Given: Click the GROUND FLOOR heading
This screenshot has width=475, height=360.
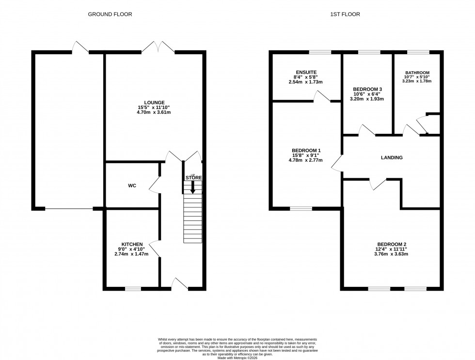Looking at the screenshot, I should click(x=110, y=15).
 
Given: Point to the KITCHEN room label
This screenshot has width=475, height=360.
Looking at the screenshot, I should click(x=132, y=244).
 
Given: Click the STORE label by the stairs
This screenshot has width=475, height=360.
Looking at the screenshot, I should click(x=193, y=178).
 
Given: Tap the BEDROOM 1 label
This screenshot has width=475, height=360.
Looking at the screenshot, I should click(x=305, y=150).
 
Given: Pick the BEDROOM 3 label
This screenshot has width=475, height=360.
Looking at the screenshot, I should click(x=367, y=89).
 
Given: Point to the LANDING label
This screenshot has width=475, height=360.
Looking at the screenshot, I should click(x=392, y=157).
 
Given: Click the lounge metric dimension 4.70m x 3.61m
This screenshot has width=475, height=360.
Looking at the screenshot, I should click(x=154, y=112).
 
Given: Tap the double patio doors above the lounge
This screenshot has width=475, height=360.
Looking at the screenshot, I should click(x=158, y=47).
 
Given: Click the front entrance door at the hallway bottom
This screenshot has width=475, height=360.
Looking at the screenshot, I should click(x=180, y=285).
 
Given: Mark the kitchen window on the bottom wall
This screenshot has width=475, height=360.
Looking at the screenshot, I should click(x=133, y=289).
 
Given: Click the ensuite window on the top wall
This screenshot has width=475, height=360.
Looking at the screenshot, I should click(x=320, y=52).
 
